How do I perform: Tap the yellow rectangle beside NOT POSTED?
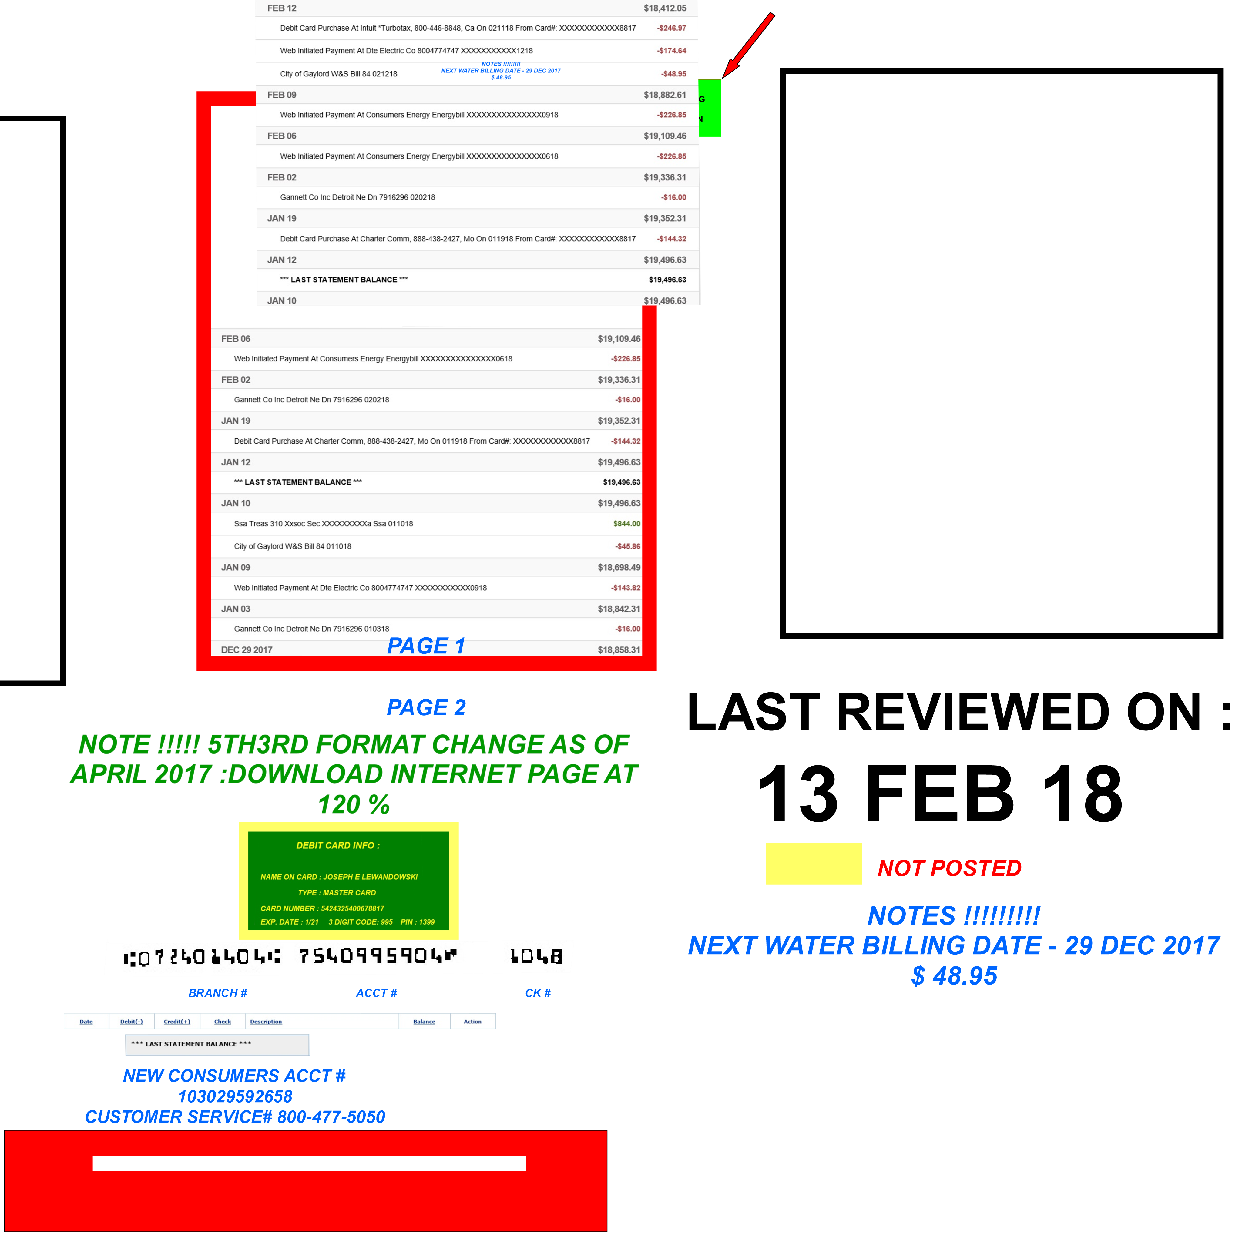click(813, 863)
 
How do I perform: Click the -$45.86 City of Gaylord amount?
click(627, 546)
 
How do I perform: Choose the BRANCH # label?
click(217, 993)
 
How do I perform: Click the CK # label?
click(537, 993)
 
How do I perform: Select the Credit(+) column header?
click(177, 1022)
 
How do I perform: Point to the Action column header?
click(472, 1022)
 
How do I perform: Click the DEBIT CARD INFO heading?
click(337, 845)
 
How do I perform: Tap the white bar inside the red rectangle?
click(309, 1163)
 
